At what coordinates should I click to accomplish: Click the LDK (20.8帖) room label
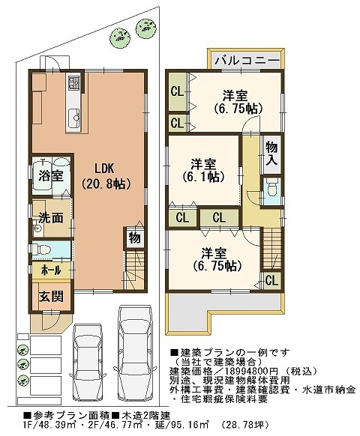point(106,176)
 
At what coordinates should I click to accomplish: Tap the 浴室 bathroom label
point(51,176)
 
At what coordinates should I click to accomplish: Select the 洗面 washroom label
point(51,218)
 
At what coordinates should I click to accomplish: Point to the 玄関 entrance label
point(51,297)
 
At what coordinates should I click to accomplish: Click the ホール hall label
point(51,270)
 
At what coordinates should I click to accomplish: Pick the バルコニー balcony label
point(247,60)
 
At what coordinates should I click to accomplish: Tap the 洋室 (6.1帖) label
point(203,170)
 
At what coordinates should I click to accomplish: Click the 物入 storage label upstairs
point(271,154)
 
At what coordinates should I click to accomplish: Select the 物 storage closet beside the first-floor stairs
point(134,238)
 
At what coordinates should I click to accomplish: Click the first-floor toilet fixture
point(42,249)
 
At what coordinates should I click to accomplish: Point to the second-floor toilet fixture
point(271,190)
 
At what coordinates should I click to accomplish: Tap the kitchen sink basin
point(74,117)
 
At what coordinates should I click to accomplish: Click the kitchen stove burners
point(73,81)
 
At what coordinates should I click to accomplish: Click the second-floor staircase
point(271,248)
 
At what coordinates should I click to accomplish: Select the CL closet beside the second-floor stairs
point(271,281)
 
